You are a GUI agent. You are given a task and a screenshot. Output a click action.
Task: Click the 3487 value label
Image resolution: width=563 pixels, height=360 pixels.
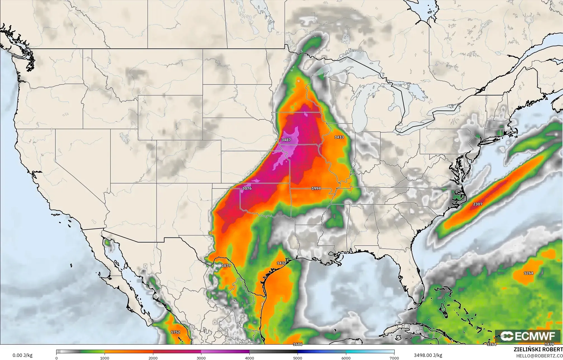click(x=286, y=140)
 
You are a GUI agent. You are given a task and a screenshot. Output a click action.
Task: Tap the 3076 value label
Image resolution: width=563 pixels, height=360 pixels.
click(x=247, y=188)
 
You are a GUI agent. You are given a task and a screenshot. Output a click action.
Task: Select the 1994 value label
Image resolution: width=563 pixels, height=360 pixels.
click(x=316, y=188)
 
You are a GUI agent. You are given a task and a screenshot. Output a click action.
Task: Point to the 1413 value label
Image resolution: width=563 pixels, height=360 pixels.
click(x=339, y=137)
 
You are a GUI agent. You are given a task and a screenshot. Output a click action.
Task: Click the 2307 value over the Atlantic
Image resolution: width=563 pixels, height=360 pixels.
click(x=478, y=204)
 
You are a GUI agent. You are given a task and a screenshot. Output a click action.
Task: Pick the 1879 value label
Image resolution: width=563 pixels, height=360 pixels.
click(x=226, y=265)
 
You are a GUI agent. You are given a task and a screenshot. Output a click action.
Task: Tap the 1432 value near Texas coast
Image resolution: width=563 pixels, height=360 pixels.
click(x=281, y=263)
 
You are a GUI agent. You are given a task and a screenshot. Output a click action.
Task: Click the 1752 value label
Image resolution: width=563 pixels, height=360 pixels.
click(x=175, y=332)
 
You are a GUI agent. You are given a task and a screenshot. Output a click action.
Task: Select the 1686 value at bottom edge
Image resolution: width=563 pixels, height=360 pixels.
click(x=298, y=344)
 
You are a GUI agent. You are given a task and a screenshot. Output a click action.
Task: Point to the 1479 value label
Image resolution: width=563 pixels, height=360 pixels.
click(x=549, y=344)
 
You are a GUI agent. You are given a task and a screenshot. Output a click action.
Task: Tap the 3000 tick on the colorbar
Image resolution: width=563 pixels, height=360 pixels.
click(x=201, y=358)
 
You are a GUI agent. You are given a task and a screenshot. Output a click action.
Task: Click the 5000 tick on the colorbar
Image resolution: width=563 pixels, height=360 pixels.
click(x=298, y=358)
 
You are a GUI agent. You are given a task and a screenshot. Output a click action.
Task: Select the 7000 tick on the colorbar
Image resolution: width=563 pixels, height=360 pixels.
click(x=394, y=358)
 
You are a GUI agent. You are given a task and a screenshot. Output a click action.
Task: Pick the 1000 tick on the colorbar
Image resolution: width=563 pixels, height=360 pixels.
click(x=105, y=358)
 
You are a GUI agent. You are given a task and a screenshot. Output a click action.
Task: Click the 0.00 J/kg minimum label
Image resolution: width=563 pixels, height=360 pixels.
click(x=22, y=356)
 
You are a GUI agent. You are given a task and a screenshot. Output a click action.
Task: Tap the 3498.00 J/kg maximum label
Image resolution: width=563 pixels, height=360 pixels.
click(x=428, y=355)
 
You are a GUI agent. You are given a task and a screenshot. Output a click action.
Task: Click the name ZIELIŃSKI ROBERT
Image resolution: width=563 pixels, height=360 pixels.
click(x=538, y=349)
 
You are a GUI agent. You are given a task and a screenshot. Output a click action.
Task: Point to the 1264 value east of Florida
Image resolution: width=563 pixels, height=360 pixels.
click(x=528, y=273)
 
